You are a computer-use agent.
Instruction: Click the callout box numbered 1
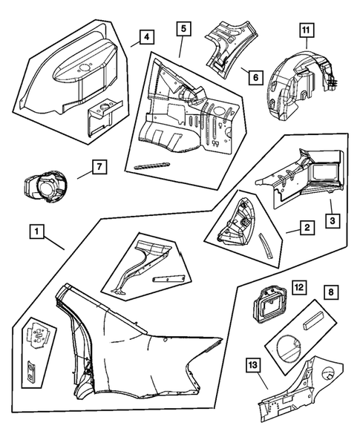[x=37, y=231]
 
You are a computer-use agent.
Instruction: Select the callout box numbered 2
[x=307, y=228]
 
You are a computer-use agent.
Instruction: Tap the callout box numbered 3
[x=333, y=221]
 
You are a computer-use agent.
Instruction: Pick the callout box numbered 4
[x=147, y=37]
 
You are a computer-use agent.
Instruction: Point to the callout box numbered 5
[x=183, y=29]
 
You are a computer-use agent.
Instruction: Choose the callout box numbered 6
[x=255, y=77]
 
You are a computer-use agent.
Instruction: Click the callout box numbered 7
[x=99, y=167]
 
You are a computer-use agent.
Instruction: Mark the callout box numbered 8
[x=331, y=292]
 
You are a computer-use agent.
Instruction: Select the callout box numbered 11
[x=307, y=30]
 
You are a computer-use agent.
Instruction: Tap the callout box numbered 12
[x=299, y=287]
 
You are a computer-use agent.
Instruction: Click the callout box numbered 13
[x=252, y=365]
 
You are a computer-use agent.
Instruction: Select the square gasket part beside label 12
[x=269, y=306]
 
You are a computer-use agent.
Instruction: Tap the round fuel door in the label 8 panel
[x=289, y=348]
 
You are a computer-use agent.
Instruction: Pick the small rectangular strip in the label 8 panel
[x=314, y=321]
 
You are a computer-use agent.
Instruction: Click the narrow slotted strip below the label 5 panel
[x=152, y=166]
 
